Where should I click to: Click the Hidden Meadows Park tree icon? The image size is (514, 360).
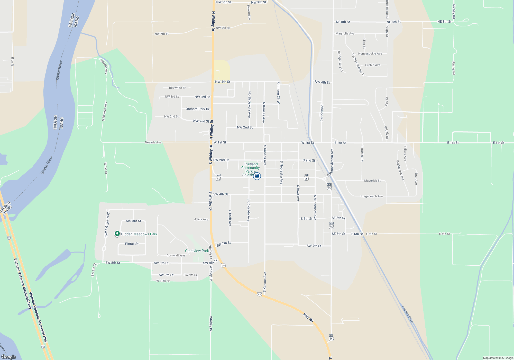click(x=117, y=234)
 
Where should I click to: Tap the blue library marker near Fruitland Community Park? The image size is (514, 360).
click(x=257, y=176)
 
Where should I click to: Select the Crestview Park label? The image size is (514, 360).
click(x=197, y=251)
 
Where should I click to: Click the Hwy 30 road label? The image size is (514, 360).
click(x=308, y=318)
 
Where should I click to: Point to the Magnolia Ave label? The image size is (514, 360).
click(x=345, y=33)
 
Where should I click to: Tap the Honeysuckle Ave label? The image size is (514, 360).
click(x=370, y=53)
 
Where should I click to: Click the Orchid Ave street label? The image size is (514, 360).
click(x=373, y=65)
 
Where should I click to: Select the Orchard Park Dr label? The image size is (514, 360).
click(x=197, y=109)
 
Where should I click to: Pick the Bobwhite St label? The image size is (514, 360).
click(x=177, y=88)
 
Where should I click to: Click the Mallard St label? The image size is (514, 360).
click(x=133, y=221)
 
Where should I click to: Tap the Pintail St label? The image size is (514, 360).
click(x=132, y=244)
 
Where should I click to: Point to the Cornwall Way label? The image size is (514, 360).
click(x=176, y=255)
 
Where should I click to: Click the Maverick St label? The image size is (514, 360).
click(x=372, y=181)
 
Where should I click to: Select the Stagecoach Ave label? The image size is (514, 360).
click(x=372, y=196)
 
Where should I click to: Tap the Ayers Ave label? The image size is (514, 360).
click(x=201, y=219)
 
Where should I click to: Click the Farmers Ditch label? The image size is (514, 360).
click(x=407, y=314)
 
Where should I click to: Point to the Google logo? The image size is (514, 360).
click(x=9, y=357)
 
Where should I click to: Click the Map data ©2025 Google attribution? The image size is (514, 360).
click(x=498, y=358)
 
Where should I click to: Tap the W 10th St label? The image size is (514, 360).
click(x=163, y=281)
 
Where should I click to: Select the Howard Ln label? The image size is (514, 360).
click(x=249, y=12)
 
